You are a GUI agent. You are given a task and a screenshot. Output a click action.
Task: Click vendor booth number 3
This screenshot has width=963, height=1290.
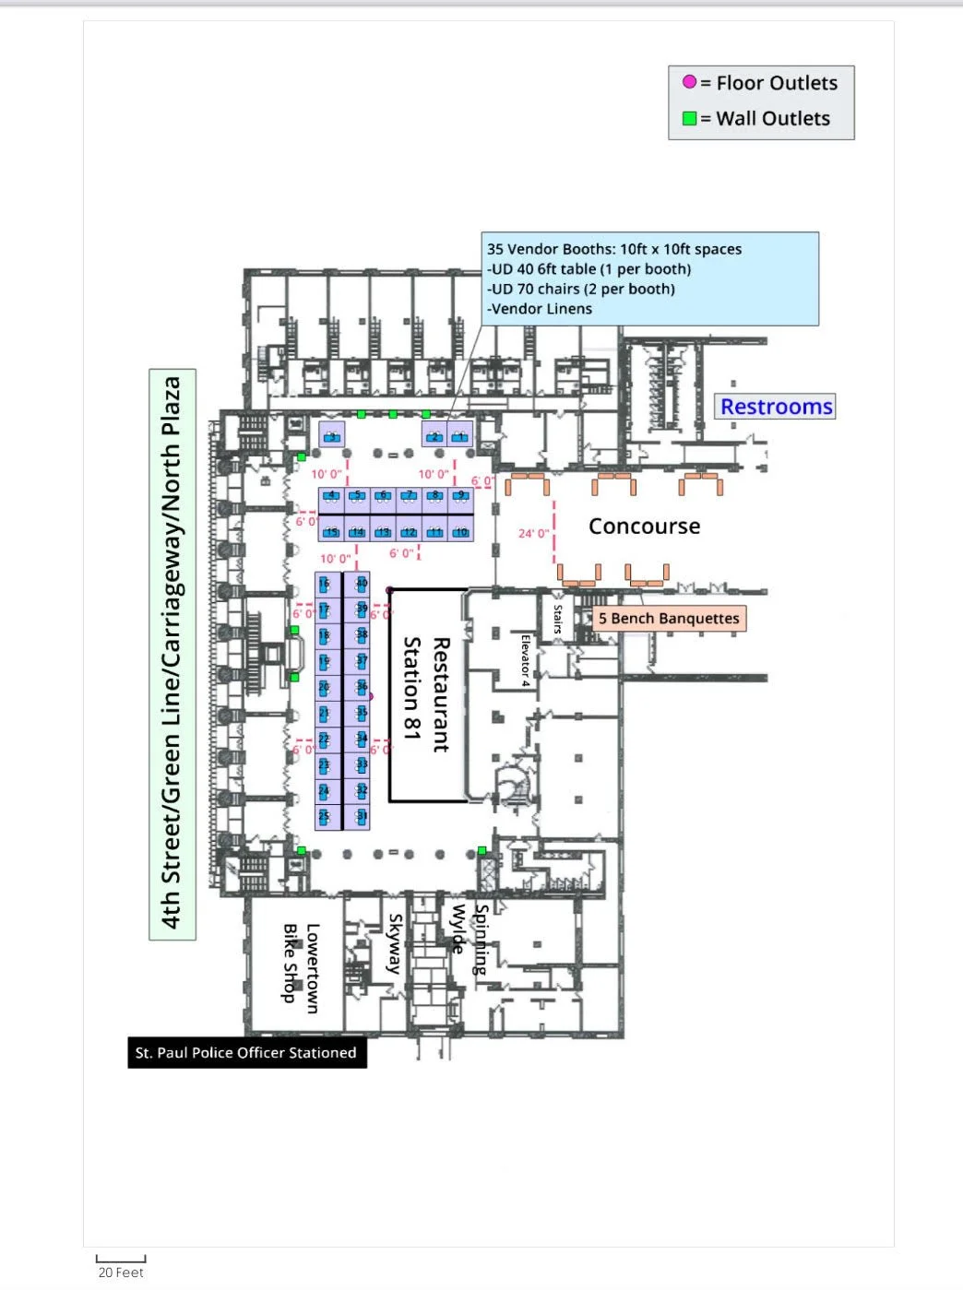[x=331, y=434]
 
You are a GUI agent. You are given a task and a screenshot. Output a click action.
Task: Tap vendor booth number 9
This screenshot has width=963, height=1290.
[x=460, y=500]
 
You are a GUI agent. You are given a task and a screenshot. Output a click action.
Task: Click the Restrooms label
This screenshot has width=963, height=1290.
[x=776, y=407]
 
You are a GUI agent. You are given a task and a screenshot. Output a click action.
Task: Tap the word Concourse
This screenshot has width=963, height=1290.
[x=644, y=527]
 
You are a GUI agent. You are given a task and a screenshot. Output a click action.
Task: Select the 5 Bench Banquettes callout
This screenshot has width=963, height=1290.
[x=669, y=619]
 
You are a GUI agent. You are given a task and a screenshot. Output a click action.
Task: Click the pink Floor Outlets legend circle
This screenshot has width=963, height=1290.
[x=689, y=82]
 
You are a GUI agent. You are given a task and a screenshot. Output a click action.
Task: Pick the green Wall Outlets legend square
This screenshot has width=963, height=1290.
[x=689, y=118]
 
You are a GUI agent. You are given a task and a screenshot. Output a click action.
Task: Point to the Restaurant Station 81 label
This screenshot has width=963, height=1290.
[x=427, y=693]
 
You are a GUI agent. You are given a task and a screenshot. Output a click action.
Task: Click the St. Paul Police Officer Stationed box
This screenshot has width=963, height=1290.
[x=246, y=1053]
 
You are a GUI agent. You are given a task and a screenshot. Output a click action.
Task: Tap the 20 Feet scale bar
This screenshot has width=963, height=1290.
[x=121, y=1260]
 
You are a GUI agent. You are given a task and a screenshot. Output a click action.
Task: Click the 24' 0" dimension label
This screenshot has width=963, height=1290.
[x=533, y=533]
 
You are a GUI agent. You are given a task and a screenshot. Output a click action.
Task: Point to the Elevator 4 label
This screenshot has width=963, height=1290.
[x=525, y=660]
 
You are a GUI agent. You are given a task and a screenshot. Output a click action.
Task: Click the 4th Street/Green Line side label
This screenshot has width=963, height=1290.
[x=172, y=654]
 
